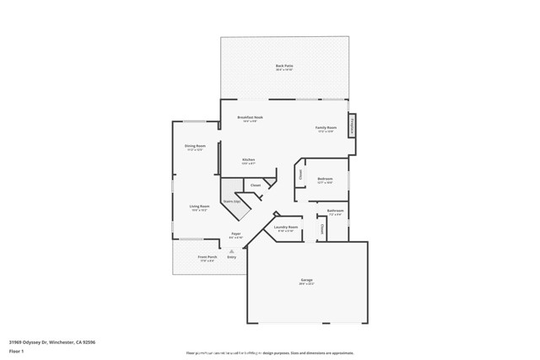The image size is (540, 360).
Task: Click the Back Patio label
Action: click(284, 66)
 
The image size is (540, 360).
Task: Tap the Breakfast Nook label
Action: click(251, 118)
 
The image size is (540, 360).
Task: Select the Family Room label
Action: click(326, 128)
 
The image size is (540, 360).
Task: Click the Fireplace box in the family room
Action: click(353, 125)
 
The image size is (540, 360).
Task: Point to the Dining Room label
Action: click(195, 147)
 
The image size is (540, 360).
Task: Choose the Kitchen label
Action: click(249, 160)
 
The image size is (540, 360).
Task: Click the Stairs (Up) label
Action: click(231, 201)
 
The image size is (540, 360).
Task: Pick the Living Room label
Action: click(199, 207)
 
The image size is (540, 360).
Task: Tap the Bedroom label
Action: click(325, 179)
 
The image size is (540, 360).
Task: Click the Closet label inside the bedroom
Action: click(300, 175)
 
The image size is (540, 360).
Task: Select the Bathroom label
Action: click(335, 211)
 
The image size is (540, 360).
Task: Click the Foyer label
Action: click(236, 234)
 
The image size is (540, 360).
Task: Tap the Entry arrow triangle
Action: click(231, 250)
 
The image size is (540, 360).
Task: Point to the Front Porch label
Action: click(207, 257)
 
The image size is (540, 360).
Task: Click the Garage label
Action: click(306, 280)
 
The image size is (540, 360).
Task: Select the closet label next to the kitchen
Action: click(256, 185)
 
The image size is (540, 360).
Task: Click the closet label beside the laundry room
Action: click(321, 228)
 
